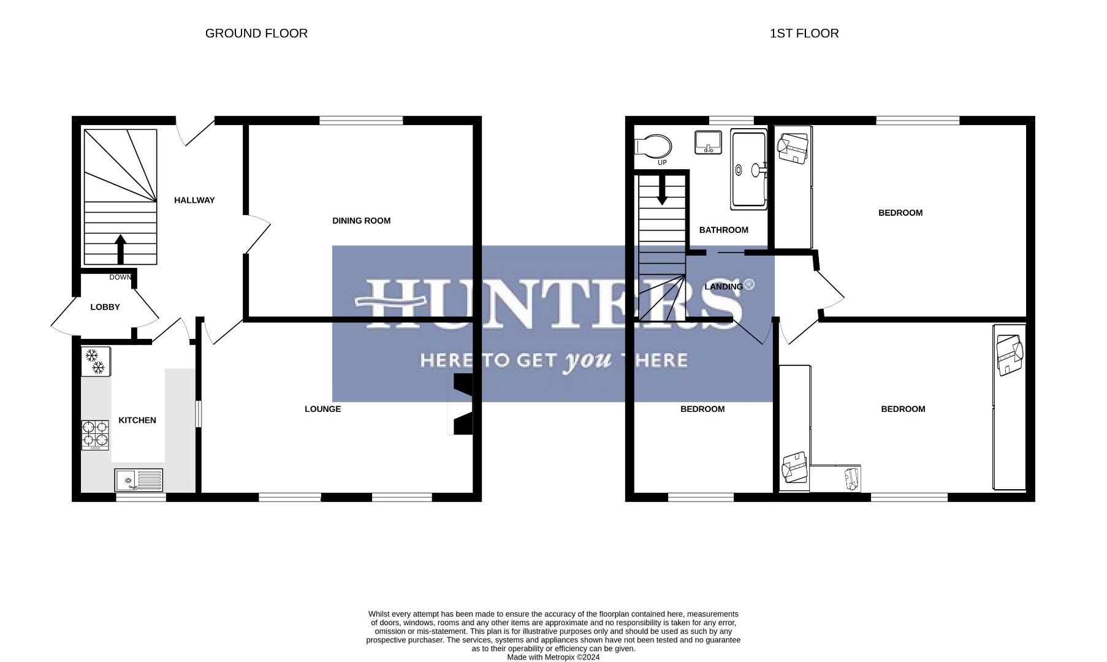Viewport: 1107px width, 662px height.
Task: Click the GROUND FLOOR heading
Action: [256, 34]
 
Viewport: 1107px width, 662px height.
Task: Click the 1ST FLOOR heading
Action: [804, 34]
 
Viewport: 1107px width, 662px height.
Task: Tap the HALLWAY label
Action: [194, 200]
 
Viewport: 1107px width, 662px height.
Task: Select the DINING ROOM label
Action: [361, 221]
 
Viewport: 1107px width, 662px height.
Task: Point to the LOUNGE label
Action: [322, 409]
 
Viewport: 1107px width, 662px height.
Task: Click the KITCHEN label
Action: [137, 420]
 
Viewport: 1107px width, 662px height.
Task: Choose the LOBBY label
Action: [105, 307]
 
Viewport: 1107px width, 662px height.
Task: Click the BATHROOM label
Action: [723, 230]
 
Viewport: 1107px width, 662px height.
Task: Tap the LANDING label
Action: [723, 287]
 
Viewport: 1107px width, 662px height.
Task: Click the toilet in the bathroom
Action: [654, 146]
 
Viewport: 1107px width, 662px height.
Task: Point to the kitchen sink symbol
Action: [139, 480]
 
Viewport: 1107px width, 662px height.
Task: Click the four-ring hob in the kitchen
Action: [95, 435]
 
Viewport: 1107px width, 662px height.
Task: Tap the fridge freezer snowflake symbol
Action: [95, 362]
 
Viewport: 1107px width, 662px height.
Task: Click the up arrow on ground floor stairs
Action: [120, 248]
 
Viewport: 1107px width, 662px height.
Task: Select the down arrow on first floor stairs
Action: [662, 191]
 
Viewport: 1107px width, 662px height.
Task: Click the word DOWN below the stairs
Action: [121, 278]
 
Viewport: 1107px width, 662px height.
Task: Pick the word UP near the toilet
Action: [662, 163]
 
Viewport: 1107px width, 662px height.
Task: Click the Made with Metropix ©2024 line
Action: [553, 657]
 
